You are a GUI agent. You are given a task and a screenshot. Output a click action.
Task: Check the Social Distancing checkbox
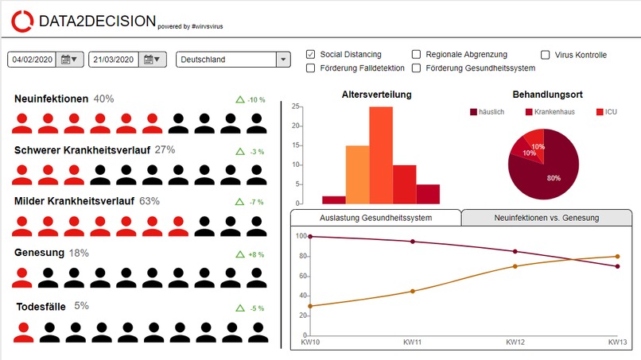coord(311,54)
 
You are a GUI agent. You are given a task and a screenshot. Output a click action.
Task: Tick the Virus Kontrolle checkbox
coord(545,55)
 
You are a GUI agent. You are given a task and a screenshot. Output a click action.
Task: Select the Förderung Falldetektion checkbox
coord(311,68)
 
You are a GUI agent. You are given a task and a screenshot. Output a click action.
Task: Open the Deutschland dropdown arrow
coord(283,60)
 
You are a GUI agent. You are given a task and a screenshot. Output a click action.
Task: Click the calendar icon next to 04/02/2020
coord(69,60)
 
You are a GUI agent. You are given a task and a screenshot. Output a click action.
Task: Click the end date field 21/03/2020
coord(114,60)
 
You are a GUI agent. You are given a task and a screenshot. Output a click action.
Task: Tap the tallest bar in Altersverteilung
coord(381,155)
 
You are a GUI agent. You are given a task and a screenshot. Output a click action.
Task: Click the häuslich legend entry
coord(488,112)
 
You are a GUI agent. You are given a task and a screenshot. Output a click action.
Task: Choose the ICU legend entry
coord(607,112)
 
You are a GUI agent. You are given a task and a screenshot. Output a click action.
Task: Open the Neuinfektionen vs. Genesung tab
coord(546,218)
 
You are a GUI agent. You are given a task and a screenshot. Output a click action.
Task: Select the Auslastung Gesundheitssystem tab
coord(375,218)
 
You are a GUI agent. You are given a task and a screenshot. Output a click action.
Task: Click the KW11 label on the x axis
coord(412,342)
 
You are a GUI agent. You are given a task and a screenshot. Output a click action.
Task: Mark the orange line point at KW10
coord(310,306)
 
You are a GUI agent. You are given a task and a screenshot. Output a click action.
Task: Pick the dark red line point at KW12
coord(515,252)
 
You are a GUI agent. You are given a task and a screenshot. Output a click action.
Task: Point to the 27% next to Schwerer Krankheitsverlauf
coord(165,150)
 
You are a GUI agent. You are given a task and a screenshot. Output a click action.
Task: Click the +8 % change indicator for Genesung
coord(251,254)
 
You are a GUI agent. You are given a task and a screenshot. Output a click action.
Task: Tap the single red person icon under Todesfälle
coord(23,332)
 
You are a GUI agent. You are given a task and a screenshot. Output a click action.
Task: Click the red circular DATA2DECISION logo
coord(22,21)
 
